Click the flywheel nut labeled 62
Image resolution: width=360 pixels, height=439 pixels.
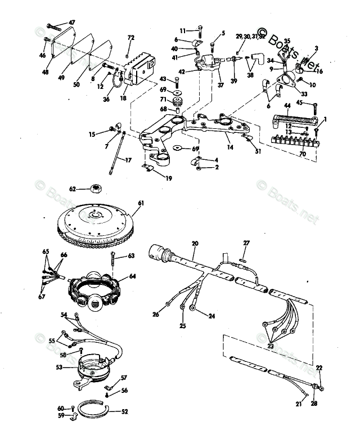(96, 189)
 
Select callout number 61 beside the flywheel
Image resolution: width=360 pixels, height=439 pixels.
(141, 203)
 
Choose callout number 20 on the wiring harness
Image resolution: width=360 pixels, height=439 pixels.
(195, 243)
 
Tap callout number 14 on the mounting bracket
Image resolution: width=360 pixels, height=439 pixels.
(229, 147)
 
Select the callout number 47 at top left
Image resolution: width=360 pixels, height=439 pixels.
(71, 22)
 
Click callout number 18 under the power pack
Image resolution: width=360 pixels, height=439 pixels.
(122, 98)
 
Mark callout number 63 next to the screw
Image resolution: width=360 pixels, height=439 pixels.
(131, 256)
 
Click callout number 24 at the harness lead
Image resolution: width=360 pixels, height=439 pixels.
(211, 316)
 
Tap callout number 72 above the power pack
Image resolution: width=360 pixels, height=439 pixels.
(130, 38)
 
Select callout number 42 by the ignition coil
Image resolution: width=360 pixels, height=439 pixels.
(182, 72)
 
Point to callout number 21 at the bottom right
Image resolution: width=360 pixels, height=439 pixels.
(299, 403)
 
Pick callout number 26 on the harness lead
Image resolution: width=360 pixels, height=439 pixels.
(156, 314)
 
